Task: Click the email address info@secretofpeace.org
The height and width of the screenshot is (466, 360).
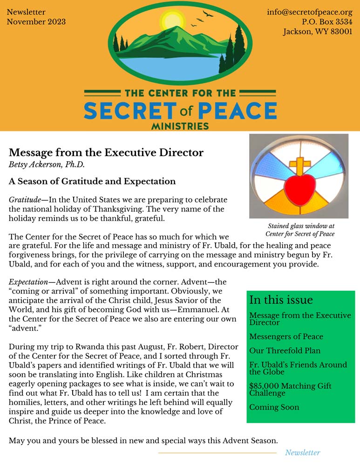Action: [309, 12]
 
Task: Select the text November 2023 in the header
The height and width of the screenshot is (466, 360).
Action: [36, 22]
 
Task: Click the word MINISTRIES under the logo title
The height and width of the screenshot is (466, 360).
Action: [180, 126]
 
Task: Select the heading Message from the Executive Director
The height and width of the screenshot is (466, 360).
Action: [106, 152]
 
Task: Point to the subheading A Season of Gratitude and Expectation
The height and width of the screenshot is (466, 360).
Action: [92, 181]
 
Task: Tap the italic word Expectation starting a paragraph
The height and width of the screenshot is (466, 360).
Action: [28, 282]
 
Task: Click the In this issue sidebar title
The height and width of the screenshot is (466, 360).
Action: [281, 300]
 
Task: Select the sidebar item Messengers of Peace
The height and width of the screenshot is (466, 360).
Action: [286, 336]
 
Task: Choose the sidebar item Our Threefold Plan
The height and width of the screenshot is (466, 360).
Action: [285, 350]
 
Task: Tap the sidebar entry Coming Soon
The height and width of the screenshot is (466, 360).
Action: [274, 407]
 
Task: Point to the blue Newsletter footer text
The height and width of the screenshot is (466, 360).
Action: [302, 452]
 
